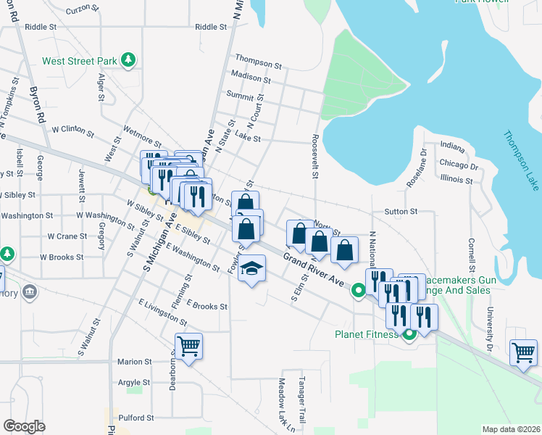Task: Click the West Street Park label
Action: (x=80, y=61)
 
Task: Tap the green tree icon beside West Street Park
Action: (x=129, y=59)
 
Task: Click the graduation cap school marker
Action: (x=251, y=270)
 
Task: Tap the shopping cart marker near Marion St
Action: (x=188, y=347)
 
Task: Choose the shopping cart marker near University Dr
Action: (x=523, y=353)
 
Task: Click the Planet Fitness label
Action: (x=366, y=334)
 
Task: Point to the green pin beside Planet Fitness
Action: (x=409, y=334)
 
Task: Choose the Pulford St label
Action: (x=136, y=418)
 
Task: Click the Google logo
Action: (x=24, y=426)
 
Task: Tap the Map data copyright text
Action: (x=511, y=429)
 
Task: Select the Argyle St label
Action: (x=133, y=382)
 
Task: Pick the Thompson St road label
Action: (x=253, y=59)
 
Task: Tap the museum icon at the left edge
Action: (x=30, y=292)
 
